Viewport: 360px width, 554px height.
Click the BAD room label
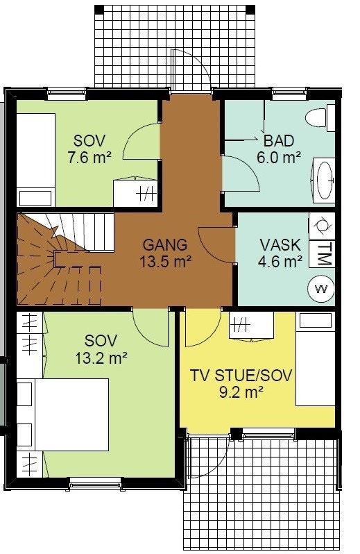[x=279, y=141]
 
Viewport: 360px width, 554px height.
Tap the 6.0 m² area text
[x=279, y=157]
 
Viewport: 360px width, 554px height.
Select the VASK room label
[x=280, y=245]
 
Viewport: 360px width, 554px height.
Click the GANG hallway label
[x=165, y=245]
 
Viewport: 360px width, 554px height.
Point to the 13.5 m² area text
[x=166, y=262]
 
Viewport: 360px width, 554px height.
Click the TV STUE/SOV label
[x=241, y=375]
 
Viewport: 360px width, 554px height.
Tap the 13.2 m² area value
[x=101, y=358]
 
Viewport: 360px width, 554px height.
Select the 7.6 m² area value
[x=89, y=158]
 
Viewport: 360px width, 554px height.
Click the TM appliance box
[x=322, y=253]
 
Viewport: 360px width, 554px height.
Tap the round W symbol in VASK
[x=321, y=289]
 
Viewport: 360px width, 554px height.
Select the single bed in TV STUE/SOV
[x=315, y=359]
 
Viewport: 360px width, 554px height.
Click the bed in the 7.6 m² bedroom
[x=36, y=160]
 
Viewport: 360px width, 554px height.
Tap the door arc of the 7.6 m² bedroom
[x=141, y=142]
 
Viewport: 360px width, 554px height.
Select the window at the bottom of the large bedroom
[x=95, y=483]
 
